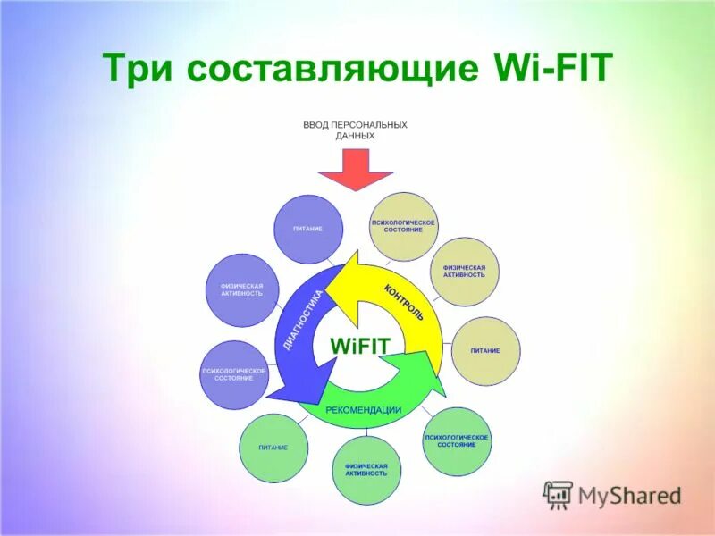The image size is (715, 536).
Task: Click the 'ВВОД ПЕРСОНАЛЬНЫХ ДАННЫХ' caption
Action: [356, 130]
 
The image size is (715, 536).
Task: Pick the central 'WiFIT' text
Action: [360, 346]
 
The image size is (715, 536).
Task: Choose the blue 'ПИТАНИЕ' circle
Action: [307, 230]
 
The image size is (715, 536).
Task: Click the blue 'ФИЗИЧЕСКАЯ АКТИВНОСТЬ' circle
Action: [241, 290]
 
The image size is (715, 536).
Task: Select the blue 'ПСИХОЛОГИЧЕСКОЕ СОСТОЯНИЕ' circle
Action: [233, 374]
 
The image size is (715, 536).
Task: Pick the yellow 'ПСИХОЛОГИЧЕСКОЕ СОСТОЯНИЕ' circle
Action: [404, 226]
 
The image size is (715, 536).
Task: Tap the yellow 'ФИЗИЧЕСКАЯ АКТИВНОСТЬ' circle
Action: [464, 272]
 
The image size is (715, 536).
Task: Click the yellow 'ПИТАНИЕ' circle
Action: [485, 351]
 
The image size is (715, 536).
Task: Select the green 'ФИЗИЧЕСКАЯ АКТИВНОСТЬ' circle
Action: [366, 470]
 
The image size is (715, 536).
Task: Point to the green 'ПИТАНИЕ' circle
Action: [273, 448]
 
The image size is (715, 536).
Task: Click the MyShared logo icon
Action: [559, 494]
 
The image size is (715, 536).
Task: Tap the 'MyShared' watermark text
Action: [629, 495]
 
